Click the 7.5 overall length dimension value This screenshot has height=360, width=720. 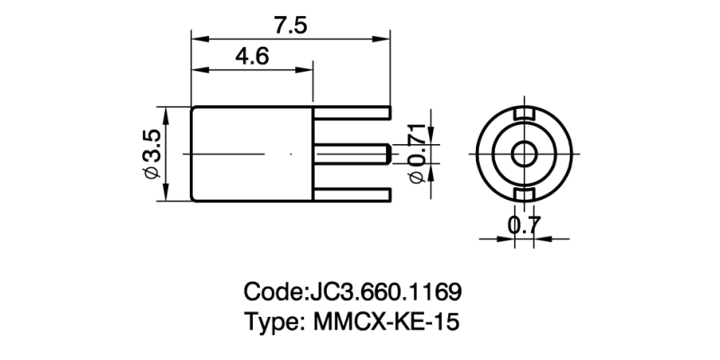pos(292,25)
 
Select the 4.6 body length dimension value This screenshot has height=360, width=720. pos(251,57)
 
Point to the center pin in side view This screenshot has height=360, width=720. pos(351,154)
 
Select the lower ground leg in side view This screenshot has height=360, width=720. pos(352,195)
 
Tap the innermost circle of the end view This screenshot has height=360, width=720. pos(522,154)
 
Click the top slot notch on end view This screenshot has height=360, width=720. pos(522,114)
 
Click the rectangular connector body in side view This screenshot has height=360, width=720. pos(252,154)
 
